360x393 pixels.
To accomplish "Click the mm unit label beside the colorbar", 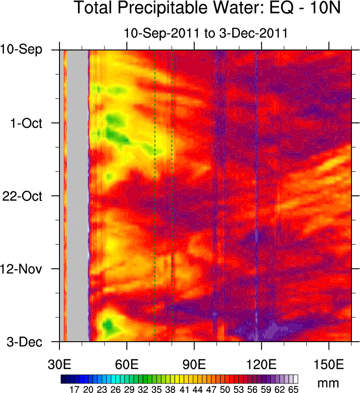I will pyautogui.click(x=328, y=383).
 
